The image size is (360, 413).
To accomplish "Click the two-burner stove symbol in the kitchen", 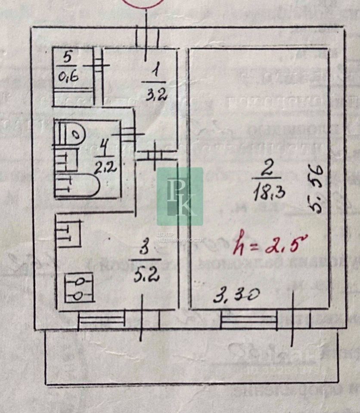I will pyautogui.click(x=79, y=288).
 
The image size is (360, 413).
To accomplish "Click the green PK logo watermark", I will pyautogui.click(x=180, y=196).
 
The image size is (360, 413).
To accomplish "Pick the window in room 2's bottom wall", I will pyautogui.click(x=249, y=319).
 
